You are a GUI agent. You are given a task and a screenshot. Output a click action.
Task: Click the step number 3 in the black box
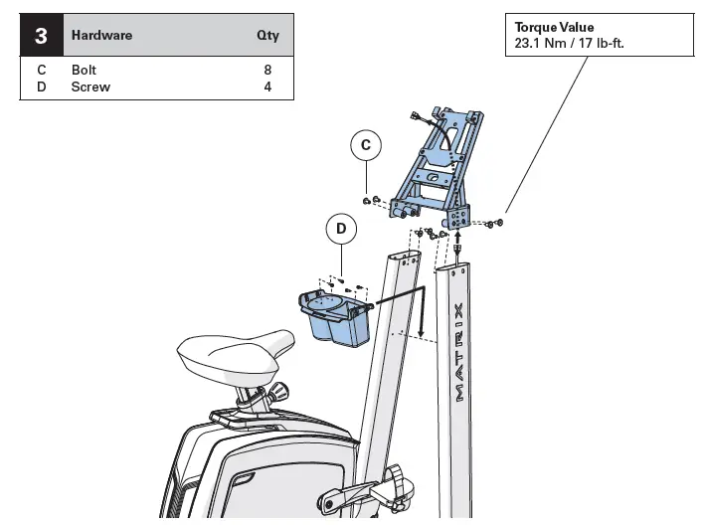(41, 36)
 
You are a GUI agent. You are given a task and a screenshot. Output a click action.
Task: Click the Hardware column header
(101, 36)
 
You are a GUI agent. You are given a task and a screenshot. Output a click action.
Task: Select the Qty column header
(267, 36)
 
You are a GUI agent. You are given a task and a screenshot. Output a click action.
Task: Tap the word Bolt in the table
(85, 71)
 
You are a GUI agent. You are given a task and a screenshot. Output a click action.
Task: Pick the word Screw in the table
(90, 87)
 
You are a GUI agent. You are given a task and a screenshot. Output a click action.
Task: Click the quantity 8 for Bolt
(267, 71)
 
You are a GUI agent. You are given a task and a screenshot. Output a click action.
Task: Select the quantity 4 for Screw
(267, 87)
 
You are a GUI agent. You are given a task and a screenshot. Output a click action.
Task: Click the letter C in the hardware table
(42, 71)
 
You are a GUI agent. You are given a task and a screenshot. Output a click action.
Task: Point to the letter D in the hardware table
(42, 87)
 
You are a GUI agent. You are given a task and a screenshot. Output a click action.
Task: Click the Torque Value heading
(554, 27)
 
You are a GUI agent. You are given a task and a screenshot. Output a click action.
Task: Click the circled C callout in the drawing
(366, 145)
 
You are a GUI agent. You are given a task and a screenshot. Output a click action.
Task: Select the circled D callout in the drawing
(341, 229)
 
